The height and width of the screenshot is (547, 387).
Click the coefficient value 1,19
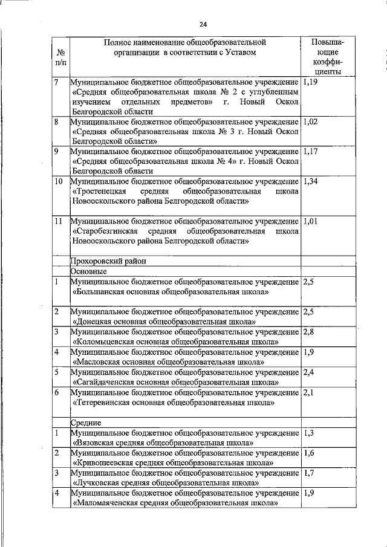(310, 82)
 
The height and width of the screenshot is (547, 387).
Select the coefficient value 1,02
(310, 121)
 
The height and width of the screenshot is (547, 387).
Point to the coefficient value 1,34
(310, 181)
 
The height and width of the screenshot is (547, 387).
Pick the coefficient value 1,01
(310, 221)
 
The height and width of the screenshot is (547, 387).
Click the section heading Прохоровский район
(108, 261)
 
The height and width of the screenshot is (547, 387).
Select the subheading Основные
(89, 271)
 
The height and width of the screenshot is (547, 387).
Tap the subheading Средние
(86, 422)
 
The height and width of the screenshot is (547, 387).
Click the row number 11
(59, 221)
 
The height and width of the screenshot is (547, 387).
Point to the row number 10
(59, 181)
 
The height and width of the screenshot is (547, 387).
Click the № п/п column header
(60, 57)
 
